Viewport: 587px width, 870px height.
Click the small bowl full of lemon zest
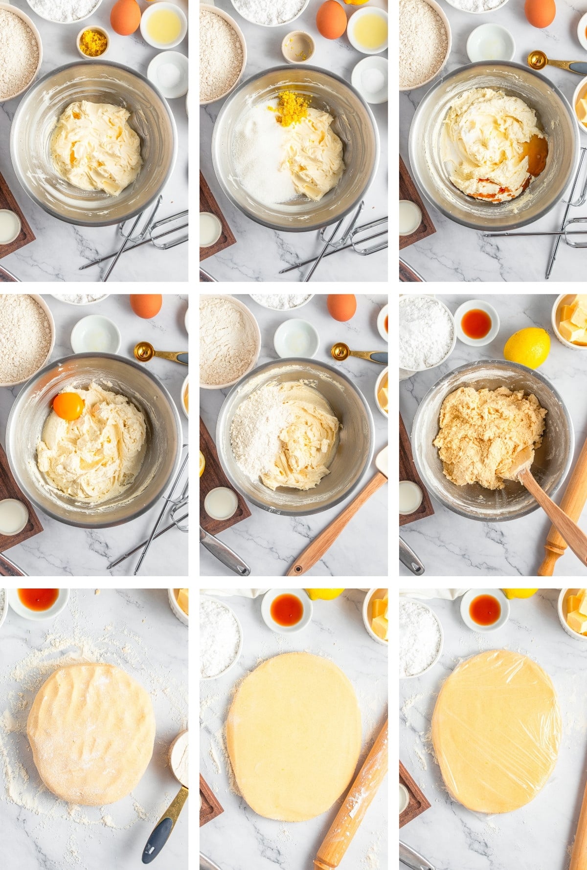point(93,43)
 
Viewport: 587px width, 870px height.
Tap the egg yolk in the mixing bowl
point(68,406)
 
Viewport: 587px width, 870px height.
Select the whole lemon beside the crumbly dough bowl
point(527,348)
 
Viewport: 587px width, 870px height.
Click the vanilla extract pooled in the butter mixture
point(534,156)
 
